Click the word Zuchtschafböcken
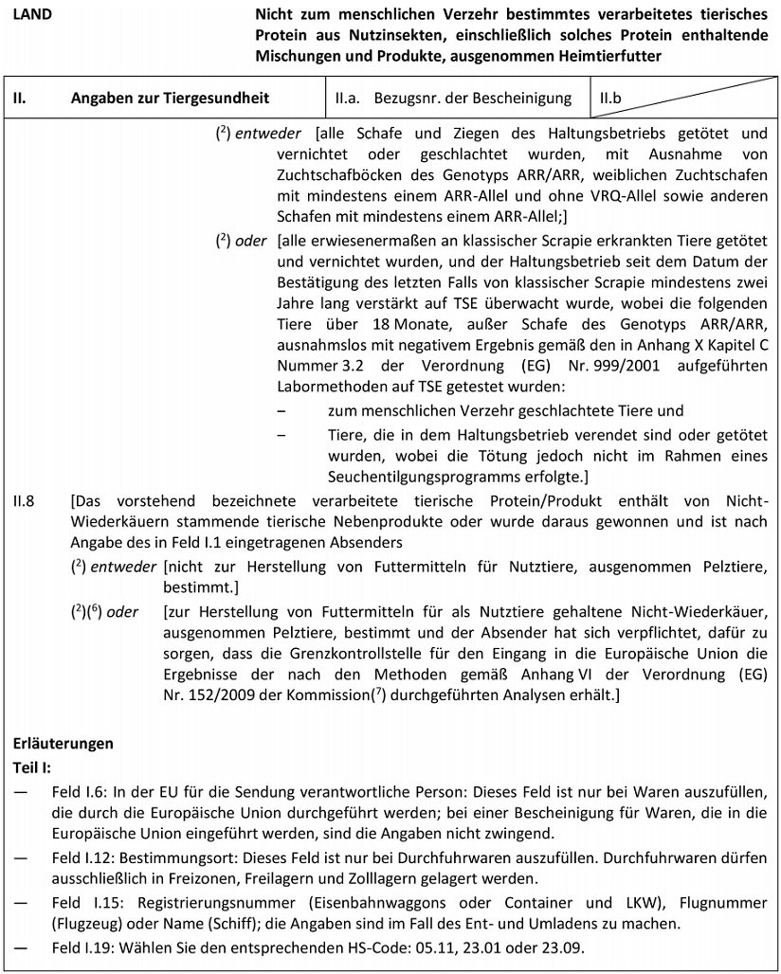click(x=335, y=177)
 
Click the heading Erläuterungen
click(x=63, y=744)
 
